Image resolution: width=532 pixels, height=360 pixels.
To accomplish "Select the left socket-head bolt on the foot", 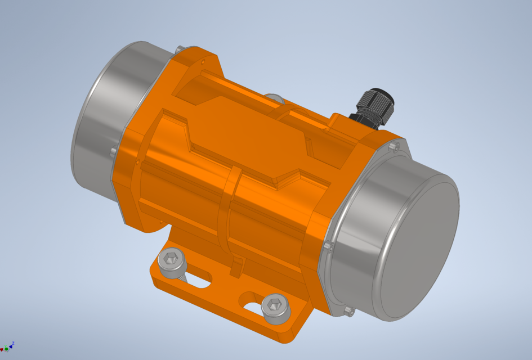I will point(171,260).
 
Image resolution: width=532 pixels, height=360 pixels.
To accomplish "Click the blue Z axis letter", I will point(12,343).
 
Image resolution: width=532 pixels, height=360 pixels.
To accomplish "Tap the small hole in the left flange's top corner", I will point(201,57).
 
